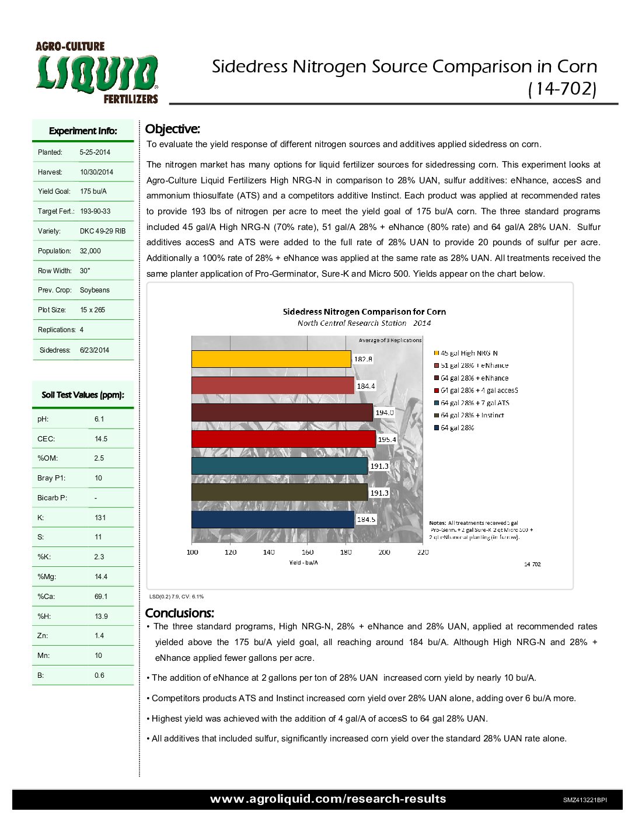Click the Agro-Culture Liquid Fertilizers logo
[97, 73]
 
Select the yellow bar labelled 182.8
[271, 359]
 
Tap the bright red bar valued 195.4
[284, 439]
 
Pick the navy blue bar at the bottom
[273, 520]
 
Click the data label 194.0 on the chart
[385, 412]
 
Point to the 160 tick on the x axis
[308, 552]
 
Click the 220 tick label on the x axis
[423, 552]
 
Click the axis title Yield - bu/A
[303, 563]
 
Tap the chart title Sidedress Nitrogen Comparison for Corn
[364, 312]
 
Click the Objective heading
[172, 129]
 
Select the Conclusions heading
[179, 613]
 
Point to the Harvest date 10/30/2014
[96, 172]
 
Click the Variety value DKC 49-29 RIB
[102, 231]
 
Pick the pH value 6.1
[99, 419]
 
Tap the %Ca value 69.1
[101, 597]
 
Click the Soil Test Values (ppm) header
[83, 395]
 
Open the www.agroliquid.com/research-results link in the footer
[328, 799]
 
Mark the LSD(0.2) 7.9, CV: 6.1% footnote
[176, 597]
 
